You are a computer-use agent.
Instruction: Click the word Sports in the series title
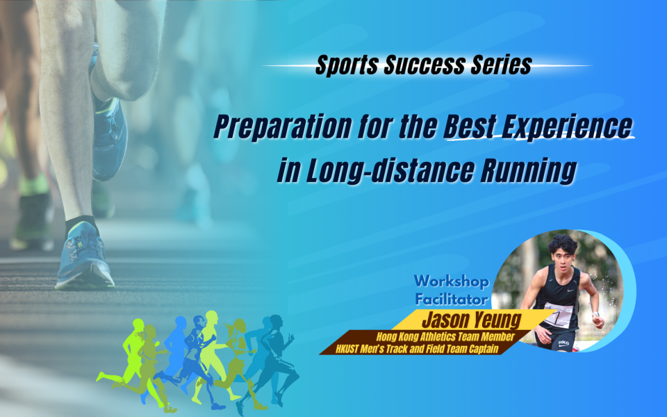347,65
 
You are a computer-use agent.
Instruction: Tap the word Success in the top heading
425,65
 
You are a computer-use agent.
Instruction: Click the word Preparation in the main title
283,126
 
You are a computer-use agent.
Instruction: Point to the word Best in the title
470,126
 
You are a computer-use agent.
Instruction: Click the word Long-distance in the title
390,170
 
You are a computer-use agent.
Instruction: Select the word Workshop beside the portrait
452,281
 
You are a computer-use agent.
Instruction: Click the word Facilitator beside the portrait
452,300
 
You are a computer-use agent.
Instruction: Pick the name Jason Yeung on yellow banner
472,320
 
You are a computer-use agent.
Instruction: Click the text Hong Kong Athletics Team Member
445,337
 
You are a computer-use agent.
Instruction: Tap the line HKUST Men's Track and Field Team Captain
417,350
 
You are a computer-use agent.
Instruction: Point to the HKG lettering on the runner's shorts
563,343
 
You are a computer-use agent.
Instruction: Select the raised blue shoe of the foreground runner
108,132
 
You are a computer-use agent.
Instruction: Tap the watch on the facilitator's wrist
595,314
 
